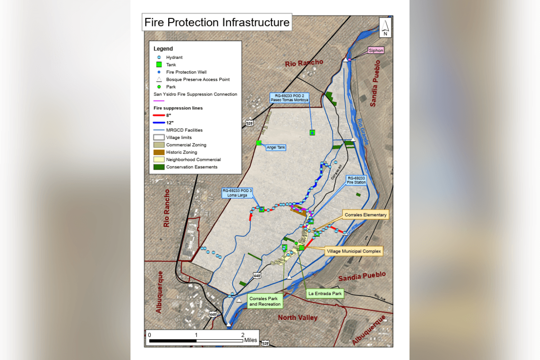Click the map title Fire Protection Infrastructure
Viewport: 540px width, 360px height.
click(217, 22)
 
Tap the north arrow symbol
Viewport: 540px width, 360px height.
click(385, 28)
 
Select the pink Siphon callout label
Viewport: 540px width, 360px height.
click(376, 50)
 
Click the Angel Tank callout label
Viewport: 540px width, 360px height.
click(276, 147)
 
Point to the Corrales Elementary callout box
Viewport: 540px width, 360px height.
click(365, 215)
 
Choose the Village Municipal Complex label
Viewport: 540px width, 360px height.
click(353, 251)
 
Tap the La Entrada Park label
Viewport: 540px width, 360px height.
click(325, 293)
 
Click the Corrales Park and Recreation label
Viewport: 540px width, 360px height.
click(265, 301)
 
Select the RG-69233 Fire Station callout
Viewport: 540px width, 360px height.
click(356, 180)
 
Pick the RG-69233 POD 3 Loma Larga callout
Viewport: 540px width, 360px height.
click(237, 193)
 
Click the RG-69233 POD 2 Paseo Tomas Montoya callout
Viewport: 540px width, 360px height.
click(289, 98)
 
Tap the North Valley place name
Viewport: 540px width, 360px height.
click(297, 318)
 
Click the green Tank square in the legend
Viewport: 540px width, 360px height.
click(159, 65)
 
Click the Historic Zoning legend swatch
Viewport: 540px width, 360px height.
click(159, 152)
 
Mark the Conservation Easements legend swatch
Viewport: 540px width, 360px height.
click(159, 167)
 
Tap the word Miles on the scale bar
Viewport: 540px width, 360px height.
click(250, 340)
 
